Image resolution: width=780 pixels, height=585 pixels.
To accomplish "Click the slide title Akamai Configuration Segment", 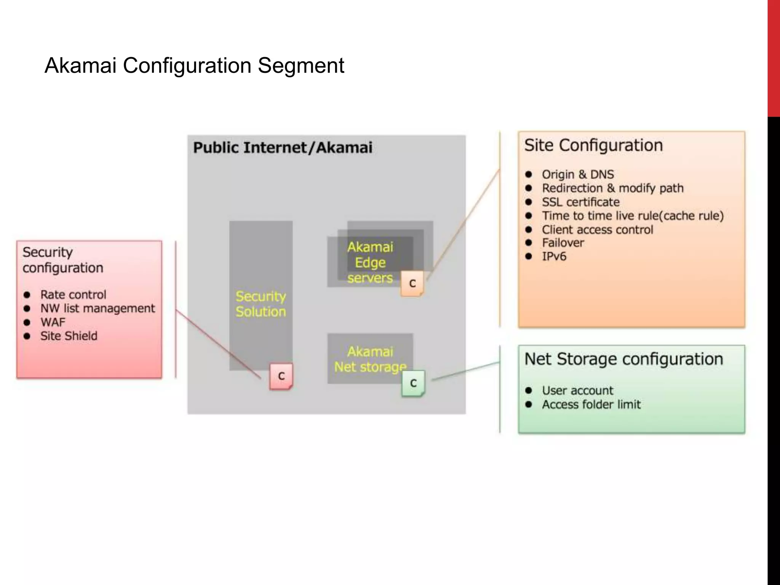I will (194, 65).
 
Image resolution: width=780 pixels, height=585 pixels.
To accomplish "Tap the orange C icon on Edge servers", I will (412, 283).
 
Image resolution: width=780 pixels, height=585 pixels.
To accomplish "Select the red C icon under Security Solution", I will (281, 376).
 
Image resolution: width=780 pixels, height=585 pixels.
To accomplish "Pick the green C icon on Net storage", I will (413, 383).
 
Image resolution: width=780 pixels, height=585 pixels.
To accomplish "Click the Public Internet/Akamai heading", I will (283, 148).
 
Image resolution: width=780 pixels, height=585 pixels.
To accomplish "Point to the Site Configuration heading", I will (593, 145).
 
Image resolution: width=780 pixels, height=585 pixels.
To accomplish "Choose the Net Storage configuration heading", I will (623, 359).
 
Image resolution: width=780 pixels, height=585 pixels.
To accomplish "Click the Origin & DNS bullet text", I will (578, 174).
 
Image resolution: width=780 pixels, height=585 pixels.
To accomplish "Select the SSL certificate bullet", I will (580, 202).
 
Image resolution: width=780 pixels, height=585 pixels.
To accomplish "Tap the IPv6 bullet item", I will (554, 256).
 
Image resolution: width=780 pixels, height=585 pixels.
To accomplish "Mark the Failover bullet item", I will (563, 243).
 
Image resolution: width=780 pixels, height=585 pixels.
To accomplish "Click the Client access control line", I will (597, 230).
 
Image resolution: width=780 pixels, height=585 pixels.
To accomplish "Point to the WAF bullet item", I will (53, 322).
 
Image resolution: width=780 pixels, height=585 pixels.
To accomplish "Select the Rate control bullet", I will (73, 294).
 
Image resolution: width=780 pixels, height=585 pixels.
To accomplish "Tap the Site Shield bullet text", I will (69, 336).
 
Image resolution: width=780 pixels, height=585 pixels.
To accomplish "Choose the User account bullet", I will (577, 390).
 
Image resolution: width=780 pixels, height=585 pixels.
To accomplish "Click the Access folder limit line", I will (591, 404).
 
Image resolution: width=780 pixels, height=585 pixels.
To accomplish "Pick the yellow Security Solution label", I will (261, 304).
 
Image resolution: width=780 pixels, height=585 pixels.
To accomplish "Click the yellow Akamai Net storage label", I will (370, 359).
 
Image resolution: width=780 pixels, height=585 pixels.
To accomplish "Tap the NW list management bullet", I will (97, 308).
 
